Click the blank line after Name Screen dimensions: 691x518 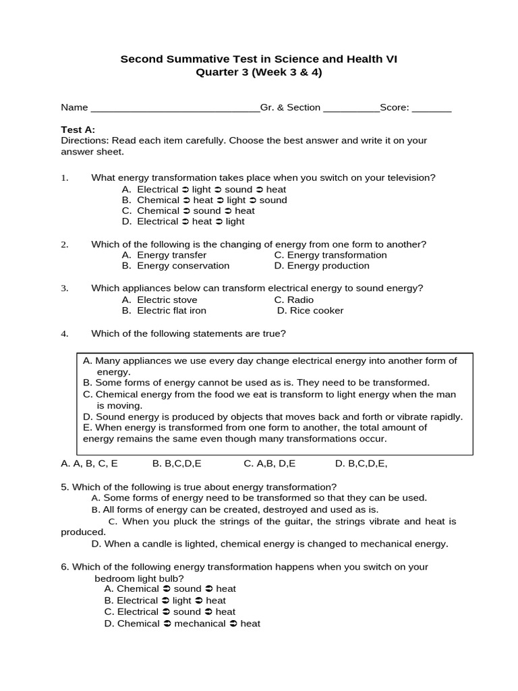[x=175, y=109]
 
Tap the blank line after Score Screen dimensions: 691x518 [x=432, y=109]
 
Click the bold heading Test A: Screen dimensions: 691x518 [x=78, y=130]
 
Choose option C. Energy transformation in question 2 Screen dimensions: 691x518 [x=330, y=255]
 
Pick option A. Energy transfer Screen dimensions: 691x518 [x=165, y=255]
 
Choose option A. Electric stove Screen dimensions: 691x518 [x=160, y=300]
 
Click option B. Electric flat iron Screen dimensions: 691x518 [x=165, y=310]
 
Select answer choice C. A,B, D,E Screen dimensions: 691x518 [x=270, y=464]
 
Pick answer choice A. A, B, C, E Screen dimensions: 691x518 [x=89, y=464]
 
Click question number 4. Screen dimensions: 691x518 [x=65, y=333]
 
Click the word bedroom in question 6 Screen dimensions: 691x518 [x=113, y=578]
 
